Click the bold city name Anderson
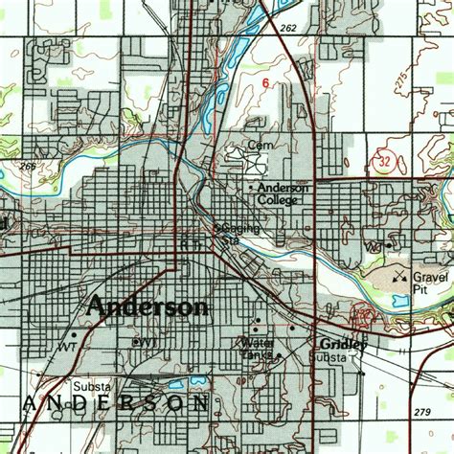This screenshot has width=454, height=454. (x=147, y=306)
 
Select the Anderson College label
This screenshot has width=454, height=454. (x=283, y=194)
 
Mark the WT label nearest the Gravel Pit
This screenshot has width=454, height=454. (x=375, y=247)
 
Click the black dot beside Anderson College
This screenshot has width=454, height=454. (x=252, y=187)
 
